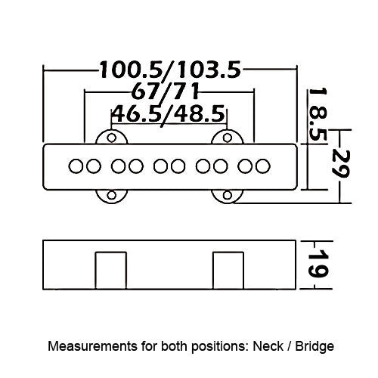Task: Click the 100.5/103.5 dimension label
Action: click(x=171, y=70)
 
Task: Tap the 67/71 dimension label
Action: click(x=165, y=91)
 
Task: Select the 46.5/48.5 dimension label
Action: click(x=168, y=113)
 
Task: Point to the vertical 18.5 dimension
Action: click(x=318, y=114)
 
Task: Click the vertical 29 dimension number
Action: click(x=340, y=163)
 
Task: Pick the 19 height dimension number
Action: click(x=319, y=264)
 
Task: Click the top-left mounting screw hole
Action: click(x=112, y=138)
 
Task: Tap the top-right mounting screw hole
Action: click(x=228, y=138)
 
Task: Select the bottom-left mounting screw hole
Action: click(x=112, y=195)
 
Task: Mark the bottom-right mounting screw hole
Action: click(x=228, y=195)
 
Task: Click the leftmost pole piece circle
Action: click(x=76, y=166)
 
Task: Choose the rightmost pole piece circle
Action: click(x=263, y=166)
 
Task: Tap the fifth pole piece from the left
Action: click(x=160, y=166)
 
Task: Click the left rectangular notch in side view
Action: click(x=111, y=271)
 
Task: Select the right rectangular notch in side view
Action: click(x=228, y=271)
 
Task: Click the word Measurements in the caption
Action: click(x=92, y=346)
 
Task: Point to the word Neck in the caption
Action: click(x=268, y=346)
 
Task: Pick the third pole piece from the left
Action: click(x=118, y=166)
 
